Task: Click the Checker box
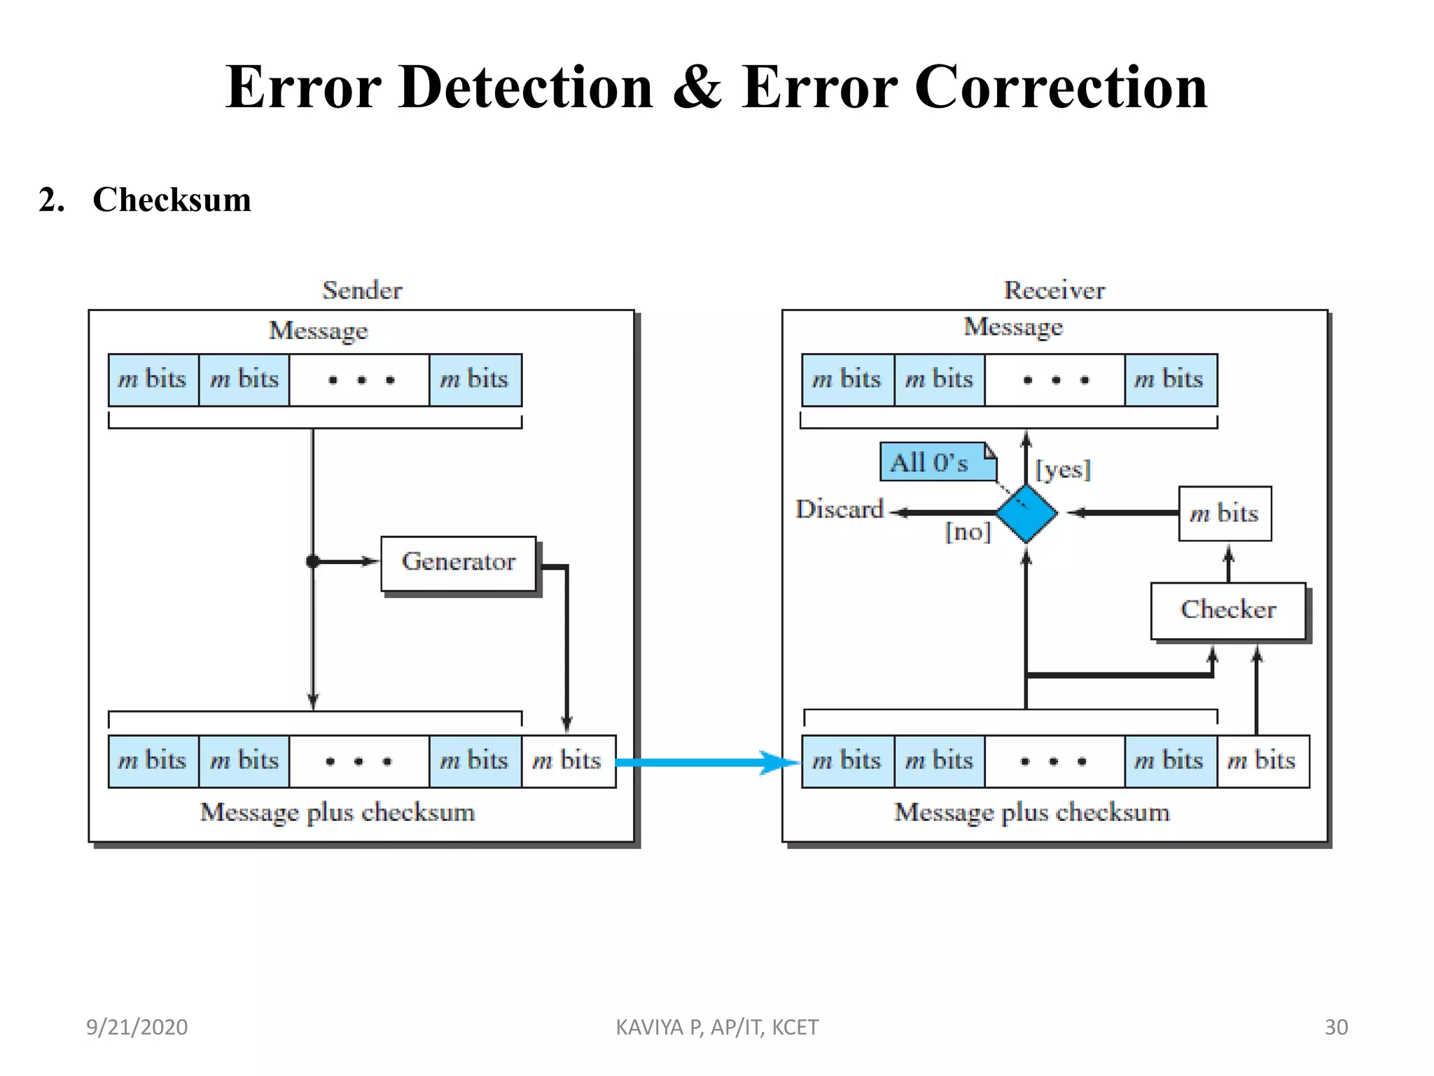click(1228, 610)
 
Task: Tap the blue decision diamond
click(1026, 513)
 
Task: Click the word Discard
click(840, 509)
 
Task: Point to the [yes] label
click(1063, 469)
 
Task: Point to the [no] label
click(968, 532)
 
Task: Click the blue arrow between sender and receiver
click(707, 762)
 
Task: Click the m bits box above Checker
click(1225, 513)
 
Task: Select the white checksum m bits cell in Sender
click(568, 761)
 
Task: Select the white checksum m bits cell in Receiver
click(1262, 761)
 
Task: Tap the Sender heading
click(362, 291)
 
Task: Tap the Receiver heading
click(1054, 291)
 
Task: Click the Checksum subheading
click(172, 200)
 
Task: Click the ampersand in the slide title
click(697, 88)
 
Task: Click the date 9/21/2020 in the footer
click(137, 1027)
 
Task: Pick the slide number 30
click(1336, 1027)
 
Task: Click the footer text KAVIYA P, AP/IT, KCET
click(717, 1027)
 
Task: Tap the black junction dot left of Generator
click(313, 561)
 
